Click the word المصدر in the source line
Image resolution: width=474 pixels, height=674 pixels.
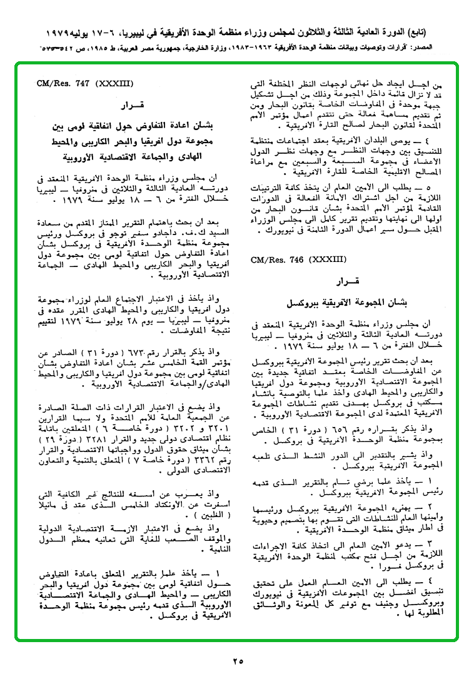click(436, 48)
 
